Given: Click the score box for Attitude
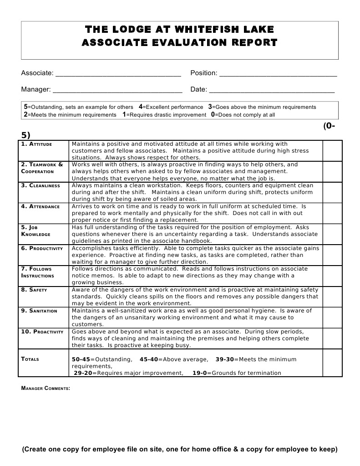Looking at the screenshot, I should pos(332,150).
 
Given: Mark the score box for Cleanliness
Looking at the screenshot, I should pos(332,192).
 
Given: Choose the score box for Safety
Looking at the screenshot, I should pos(332,297).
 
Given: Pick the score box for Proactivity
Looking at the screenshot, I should pos(332,338).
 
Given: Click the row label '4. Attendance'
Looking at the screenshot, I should pos(40,206).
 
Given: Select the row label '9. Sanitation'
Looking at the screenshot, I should pos(39,311).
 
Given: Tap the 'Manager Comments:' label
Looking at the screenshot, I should pos(46,388).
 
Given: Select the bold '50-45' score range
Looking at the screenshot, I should pos(81,359).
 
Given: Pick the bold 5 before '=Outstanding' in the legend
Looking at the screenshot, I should pos(25,107).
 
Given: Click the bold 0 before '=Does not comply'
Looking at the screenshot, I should pos(213,114).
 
